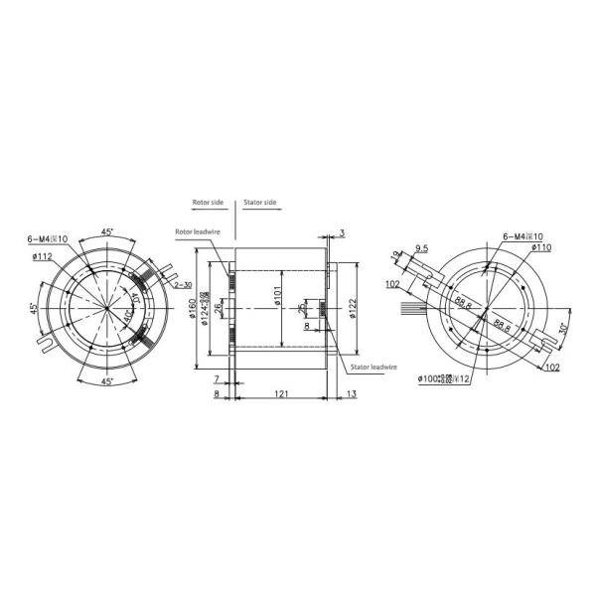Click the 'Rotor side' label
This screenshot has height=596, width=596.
coord(210,203)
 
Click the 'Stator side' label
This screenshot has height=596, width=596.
coord(260,203)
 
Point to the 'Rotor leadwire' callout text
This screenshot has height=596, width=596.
coord(197,233)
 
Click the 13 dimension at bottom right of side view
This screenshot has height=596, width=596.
coord(353,394)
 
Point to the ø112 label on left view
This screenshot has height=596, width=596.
coord(43,256)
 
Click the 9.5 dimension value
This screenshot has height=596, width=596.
coord(421,249)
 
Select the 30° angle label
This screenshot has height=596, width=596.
coord(563,329)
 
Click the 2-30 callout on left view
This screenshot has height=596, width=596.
coord(182,285)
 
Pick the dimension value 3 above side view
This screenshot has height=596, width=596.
coord(342,232)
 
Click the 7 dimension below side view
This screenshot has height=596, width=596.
coord(217,380)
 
